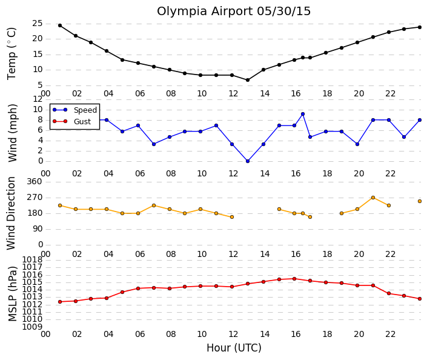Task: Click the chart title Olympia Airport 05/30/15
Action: [x=234, y=12]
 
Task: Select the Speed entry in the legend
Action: [x=85, y=110]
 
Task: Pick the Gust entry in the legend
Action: [x=82, y=122]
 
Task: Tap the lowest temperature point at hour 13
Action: [x=248, y=80]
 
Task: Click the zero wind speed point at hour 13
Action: [x=248, y=161]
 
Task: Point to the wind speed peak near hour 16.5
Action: [x=303, y=114]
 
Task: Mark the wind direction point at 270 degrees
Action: [x=373, y=198]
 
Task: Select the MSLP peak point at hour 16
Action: [x=294, y=279]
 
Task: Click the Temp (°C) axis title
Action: [x=12, y=54]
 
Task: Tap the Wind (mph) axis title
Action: [x=12, y=133]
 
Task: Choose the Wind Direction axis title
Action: [x=11, y=213]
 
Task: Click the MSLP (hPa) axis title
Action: [x=13, y=294]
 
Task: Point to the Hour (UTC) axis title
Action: [x=234, y=348]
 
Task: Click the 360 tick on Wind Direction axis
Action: [x=35, y=181]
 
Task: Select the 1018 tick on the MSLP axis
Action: [x=32, y=259]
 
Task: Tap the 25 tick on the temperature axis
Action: [x=38, y=24]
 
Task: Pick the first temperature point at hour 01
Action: [x=60, y=25]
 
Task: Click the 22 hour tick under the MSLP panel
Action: [x=390, y=334]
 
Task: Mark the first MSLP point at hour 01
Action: [x=60, y=302]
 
